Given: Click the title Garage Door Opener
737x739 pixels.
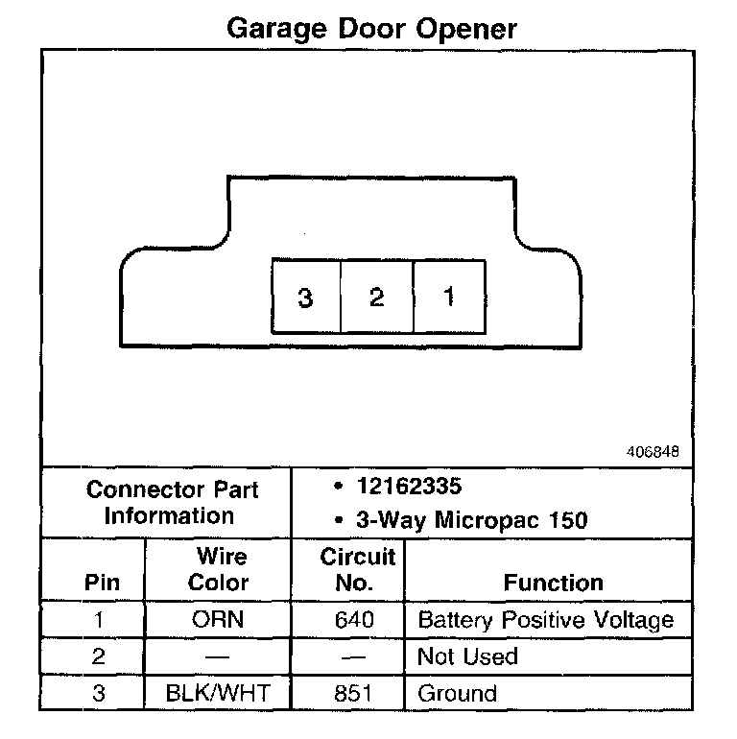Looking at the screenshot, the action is coord(371,28).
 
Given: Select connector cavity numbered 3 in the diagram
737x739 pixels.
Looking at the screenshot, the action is coord(306,298).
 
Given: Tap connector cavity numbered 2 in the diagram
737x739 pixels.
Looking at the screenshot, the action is coord(376,298).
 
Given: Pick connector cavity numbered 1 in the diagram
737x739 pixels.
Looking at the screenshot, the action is coord(448,298).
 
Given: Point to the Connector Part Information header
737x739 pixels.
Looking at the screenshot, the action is coord(172,502).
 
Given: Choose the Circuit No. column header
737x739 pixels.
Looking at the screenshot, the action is coord(357,570).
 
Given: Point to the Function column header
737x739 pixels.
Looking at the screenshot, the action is coord(553,583).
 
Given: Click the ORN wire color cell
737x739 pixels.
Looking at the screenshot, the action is coord(219,620).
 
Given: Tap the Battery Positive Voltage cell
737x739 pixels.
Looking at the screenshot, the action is coord(545,620).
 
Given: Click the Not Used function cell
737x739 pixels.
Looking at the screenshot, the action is coord(467,657).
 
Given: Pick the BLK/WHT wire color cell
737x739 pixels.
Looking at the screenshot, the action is coord(219,694).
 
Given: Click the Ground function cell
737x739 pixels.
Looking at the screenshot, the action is coord(457,694).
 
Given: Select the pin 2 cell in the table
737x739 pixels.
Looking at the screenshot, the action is coord(98,657).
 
